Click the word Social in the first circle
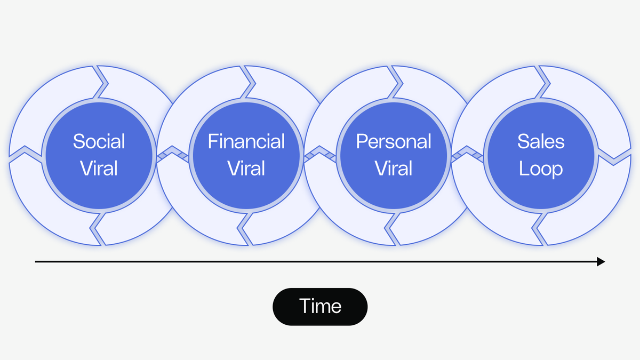(x=99, y=142)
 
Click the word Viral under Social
(x=99, y=169)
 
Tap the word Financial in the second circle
(x=246, y=142)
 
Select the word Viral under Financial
(x=246, y=169)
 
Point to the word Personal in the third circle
(x=394, y=142)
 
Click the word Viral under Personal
(x=394, y=169)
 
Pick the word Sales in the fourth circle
(x=541, y=142)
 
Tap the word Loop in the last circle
(x=541, y=169)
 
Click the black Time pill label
(x=320, y=307)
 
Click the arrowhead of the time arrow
(x=601, y=261)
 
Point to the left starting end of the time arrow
(x=36, y=261)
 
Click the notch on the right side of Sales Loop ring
(x=613, y=157)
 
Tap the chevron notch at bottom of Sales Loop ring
(x=540, y=228)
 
